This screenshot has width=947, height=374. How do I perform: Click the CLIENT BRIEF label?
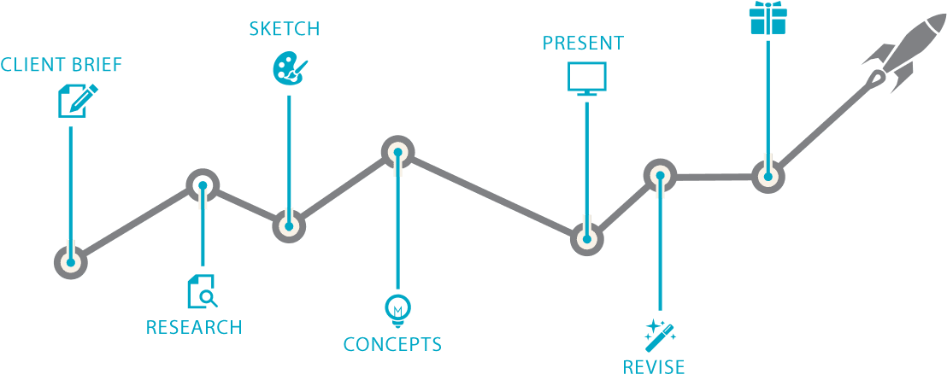[x=61, y=65]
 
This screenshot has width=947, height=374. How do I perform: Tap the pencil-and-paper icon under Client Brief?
[x=75, y=101]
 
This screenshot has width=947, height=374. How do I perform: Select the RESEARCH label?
[x=194, y=327]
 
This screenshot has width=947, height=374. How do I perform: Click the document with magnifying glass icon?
[x=203, y=291]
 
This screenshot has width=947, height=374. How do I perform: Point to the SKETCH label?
[x=285, y=29]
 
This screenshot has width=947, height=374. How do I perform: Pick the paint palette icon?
[x=287, y=68]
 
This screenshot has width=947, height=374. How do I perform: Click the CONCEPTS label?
[x=392, y=345]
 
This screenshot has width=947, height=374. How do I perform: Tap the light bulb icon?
[x=397, y=308]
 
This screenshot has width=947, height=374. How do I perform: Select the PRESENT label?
[x=583, y=43]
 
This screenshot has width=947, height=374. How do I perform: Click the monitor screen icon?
[x=586, y=78]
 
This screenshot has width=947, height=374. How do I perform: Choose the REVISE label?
[x=653, y=366]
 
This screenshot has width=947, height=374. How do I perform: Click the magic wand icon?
[x=660, y=334]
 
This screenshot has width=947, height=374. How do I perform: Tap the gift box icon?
[x=767, y=19]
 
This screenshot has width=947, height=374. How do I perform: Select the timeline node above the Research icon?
[x=203, y=184]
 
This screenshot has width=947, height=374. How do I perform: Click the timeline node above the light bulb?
[x=397, y=154]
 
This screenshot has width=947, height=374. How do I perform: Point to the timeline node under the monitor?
[x=586, y=238]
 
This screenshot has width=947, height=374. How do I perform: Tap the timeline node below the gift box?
[x=768, y=178]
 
